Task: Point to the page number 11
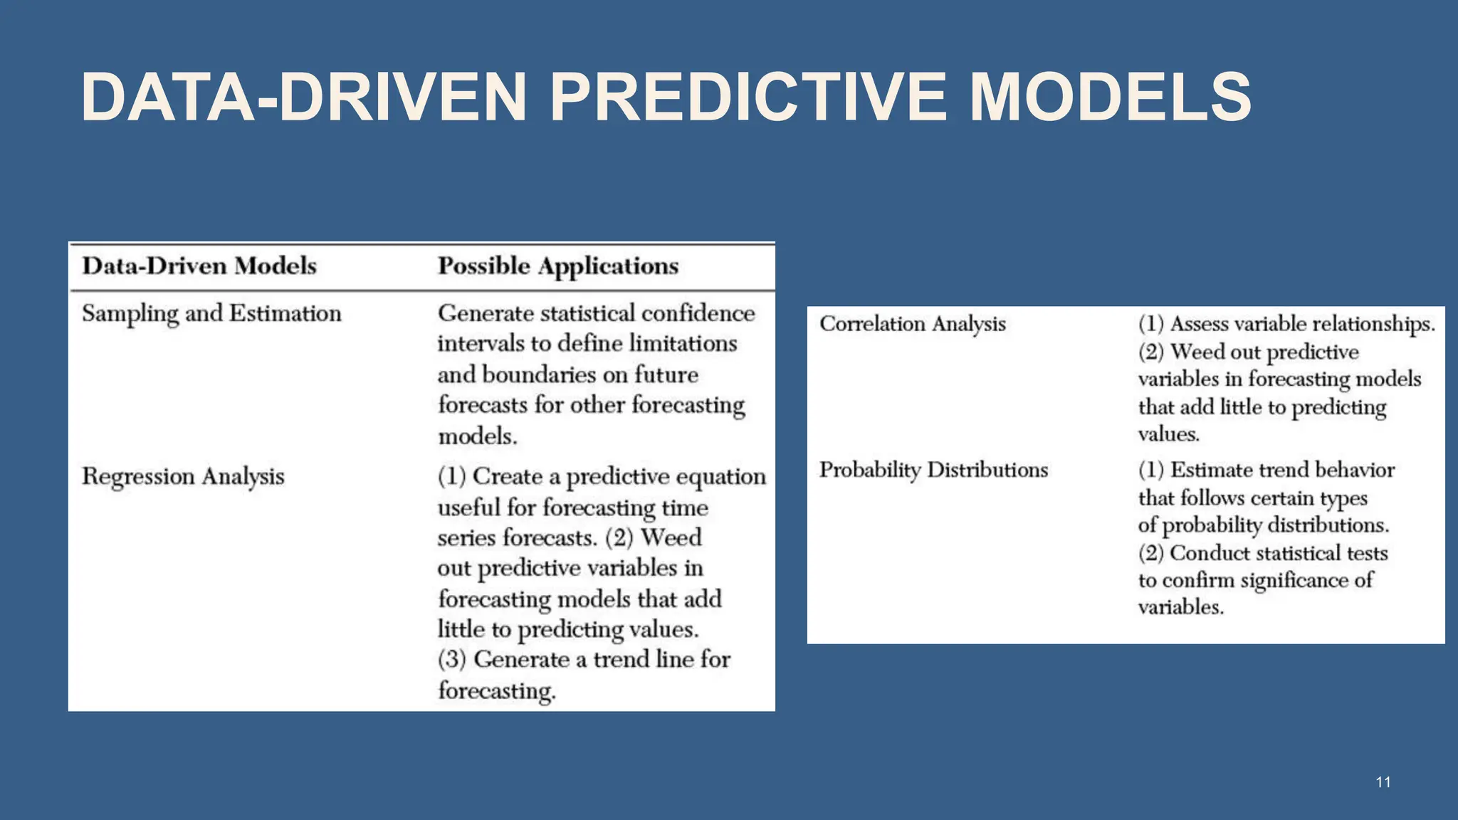tap(1383, 782)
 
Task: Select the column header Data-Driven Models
tap(199, 266)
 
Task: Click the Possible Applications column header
tap(557, 266)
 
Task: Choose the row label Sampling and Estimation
tap(211, 314)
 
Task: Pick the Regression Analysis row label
tap(183, 476)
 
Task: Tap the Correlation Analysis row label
tap(912, 324)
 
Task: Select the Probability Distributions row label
tap(933, 470)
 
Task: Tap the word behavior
tap(1353, 470)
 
